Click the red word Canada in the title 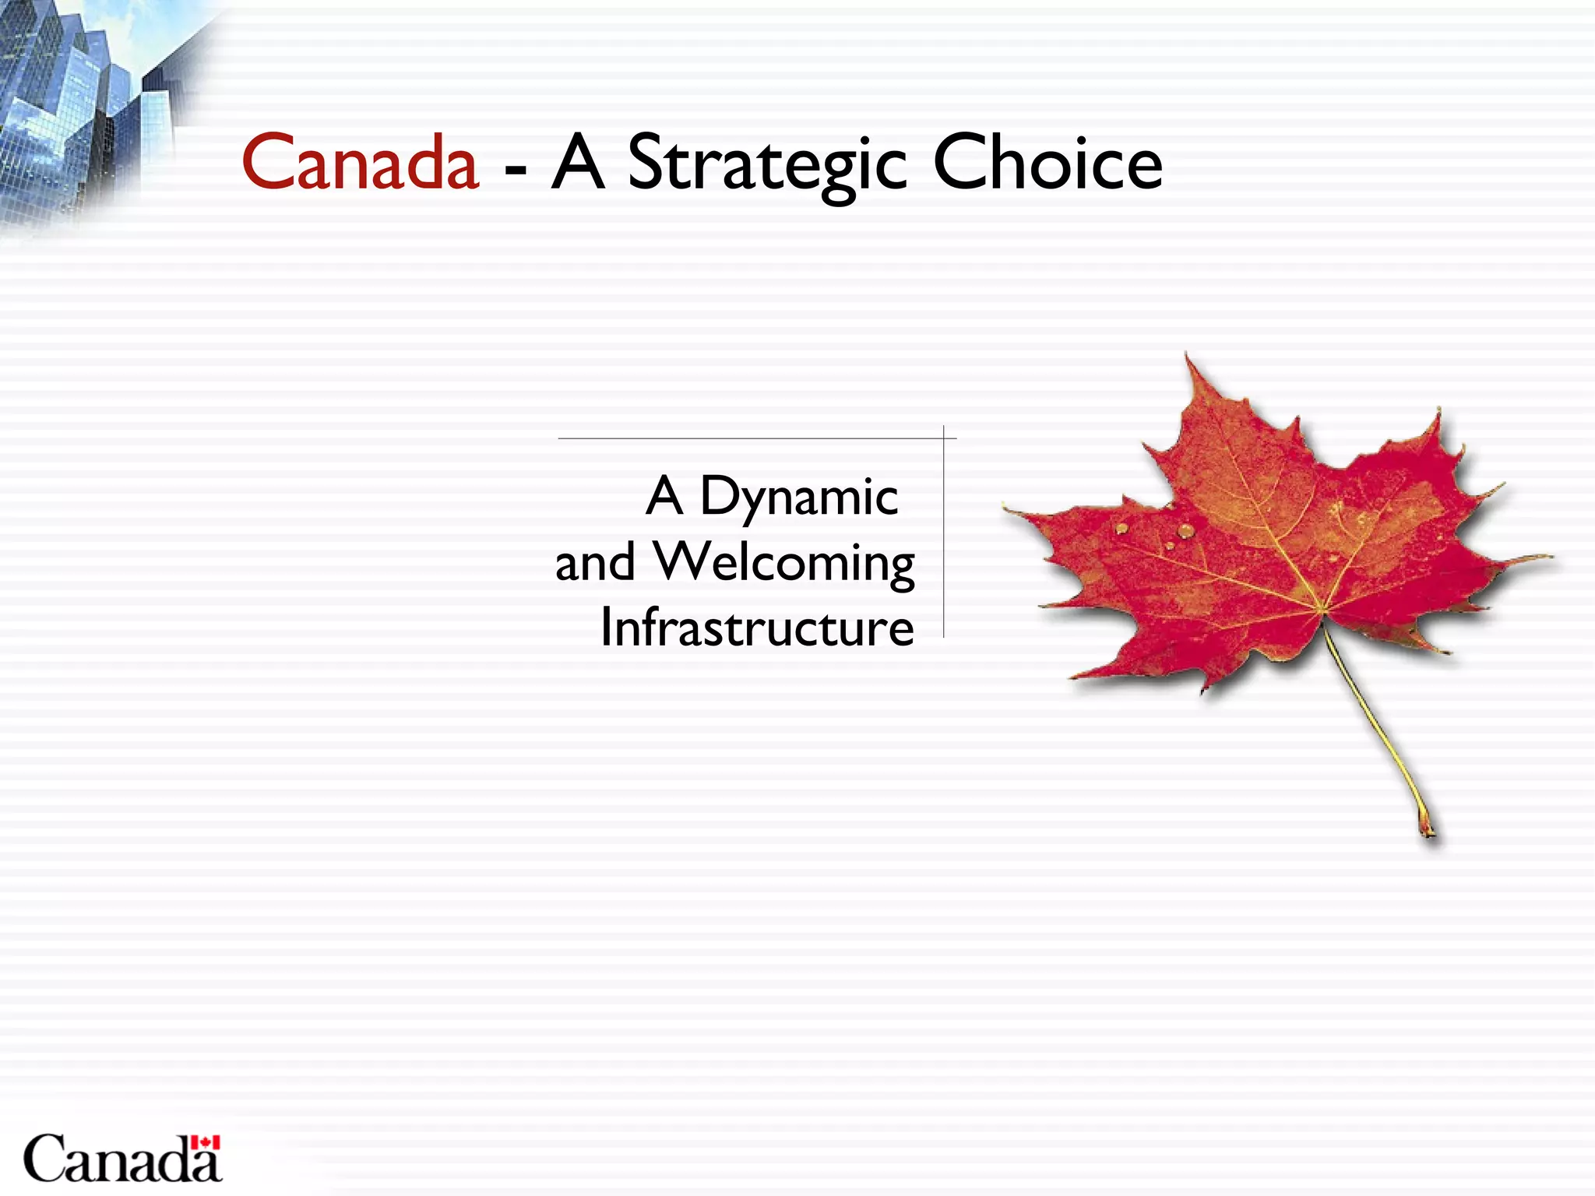[360, 164]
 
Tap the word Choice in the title [1047, 164]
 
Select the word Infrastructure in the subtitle [757, 628]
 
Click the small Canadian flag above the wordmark [206, 1142]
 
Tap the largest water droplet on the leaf [1185, 530]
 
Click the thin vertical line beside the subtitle [944, 545]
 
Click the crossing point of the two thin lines [944, 438]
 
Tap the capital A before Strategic [578, 164]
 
